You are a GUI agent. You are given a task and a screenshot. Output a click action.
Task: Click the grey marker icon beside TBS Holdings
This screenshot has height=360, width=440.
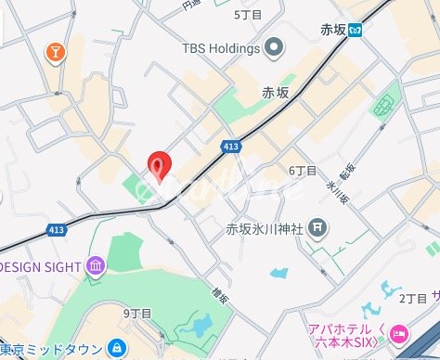point(274,46)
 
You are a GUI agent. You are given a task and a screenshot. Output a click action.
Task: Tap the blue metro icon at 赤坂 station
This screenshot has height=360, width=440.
point(356,31)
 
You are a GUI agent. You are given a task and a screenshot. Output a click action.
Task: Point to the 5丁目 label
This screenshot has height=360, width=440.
point(248,15)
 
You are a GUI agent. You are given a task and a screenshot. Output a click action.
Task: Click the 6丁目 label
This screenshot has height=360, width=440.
point(303,171)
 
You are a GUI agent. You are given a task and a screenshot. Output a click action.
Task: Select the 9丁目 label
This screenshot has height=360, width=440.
point(136,314)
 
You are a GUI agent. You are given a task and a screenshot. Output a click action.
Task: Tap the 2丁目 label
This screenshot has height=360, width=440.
point(411,298)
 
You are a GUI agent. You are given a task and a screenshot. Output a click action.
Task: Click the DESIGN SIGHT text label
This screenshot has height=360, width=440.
point(39,267)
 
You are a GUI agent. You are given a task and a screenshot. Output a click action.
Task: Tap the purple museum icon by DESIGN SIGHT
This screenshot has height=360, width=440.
point(95,268)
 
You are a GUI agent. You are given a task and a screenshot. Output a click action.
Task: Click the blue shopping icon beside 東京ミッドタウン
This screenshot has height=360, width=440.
point(117,349)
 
